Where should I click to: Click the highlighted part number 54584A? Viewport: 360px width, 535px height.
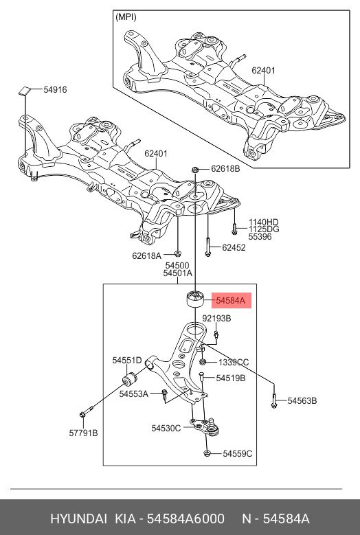pyautogui.click(x=233, y=300)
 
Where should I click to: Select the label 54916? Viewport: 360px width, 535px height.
pyautogui.click(x=55, y=89)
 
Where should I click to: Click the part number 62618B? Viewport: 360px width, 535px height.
pyautogui.click(x=225, y=168)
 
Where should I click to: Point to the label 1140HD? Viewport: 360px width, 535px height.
pyautogui.click(x=264, y=223)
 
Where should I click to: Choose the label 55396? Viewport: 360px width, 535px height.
pyautogui.click(x=260, y=238)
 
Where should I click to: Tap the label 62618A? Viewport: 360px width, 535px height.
pyautogui.click(x=146, y=255)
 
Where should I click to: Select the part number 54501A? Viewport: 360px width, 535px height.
pyautogui.click(x=177, y=273)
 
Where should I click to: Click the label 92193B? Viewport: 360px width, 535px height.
pyautogui.click(x=216, y=319)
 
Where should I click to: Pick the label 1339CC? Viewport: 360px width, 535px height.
pyautogui.click(x=234, y=362)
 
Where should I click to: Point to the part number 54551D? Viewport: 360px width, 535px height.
pyautogui.click(x=127, y=360)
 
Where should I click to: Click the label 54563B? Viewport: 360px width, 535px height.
pyautogui.click(x=302, y=400)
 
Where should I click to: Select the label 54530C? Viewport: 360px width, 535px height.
pyautogui.click(x=166, y=428)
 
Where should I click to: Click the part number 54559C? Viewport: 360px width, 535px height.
pyautogui.click(x=238, y=453)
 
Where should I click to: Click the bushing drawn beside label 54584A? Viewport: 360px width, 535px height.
pyautogui.click(x=196, y=299)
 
